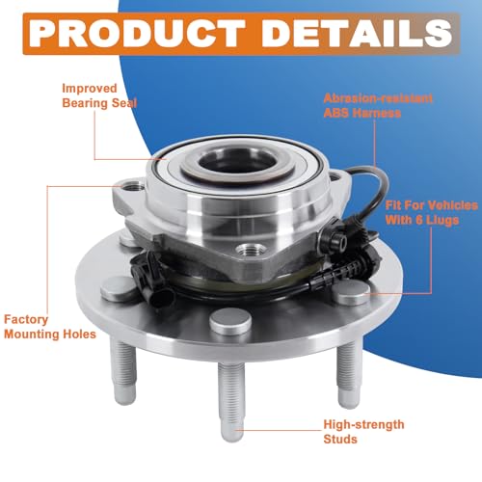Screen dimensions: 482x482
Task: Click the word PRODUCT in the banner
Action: [x=137, y=34]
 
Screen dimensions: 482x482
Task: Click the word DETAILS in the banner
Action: [x=357, y=34]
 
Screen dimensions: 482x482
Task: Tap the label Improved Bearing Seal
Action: [x=99, y=95]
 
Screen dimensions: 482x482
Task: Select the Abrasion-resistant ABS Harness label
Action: [x=378, y=106]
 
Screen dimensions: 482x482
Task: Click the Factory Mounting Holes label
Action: [x=50, y=327]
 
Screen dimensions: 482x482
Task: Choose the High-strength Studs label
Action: [x=363, y=432]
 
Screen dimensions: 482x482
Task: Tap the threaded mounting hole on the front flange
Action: [x=251, y=249]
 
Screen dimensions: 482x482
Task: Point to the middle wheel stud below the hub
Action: [x=231, y=402]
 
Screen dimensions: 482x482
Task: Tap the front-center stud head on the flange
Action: [x=230, y=321]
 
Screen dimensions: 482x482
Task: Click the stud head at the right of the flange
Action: [x=353, y=292]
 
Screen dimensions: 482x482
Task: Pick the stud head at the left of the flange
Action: [x=118, y=286]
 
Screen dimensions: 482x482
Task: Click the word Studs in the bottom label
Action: [x=340, y=439]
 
